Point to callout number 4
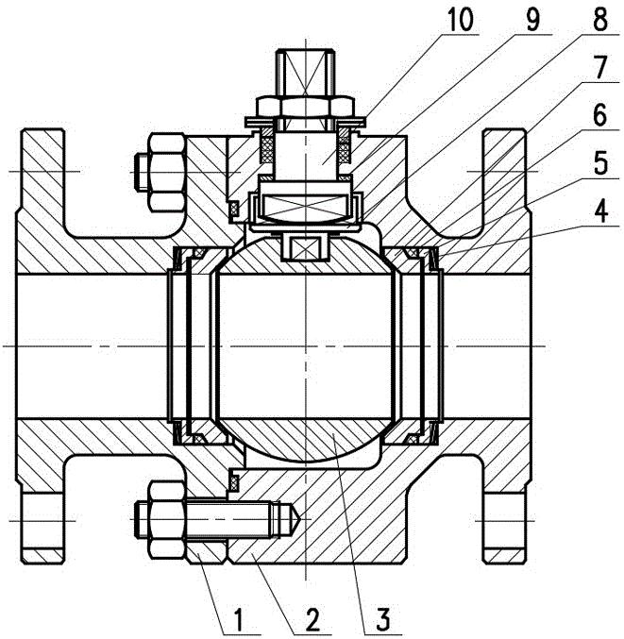pyautogui.click(x=601, y=212)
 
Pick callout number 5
pyautogui.click(x=601, y=164)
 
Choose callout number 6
pyautogui.click(x=599, y=116)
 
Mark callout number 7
pyautogui.click(x=600, y=68)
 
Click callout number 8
pyautogui.click(x=600, y=21)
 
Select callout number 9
pyautogui.click(x=531, y=21)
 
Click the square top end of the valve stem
pyautogui.click(x=306, y=74)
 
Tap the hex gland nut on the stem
pyautogui.click(x=305, y=107)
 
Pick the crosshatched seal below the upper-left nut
pyautogui.click(x=234, y=209)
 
